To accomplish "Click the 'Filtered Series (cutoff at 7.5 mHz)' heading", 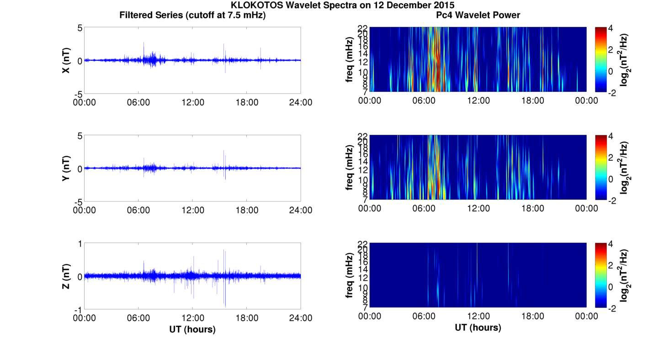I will pyautogui.click(x=192, y=15).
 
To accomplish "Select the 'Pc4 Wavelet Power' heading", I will pyautogui.click(x=478, y=15).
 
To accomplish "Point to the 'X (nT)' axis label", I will pyautogui.click(x=66, y=60).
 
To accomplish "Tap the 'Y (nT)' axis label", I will pyautogui.click(x=66, y=168).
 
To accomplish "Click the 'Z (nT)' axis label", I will pyautogui.click(x=66, y=276).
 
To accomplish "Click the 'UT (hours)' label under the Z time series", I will pyautogui.click(x=192, y=329).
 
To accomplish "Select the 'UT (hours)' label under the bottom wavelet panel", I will pyautogui.click(x=478, y=328).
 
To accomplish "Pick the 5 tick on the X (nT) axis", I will pyautogui.click(x=80, y=28).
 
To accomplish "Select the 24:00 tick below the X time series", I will pyautogui.click(x=301, y=102).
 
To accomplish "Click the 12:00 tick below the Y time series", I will pyautogui.click(x=192, y=210).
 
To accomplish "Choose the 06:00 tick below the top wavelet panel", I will pyautogui.click(x=424, y=101).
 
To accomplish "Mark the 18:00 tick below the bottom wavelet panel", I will pyautogui.click(x=532, y=316).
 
